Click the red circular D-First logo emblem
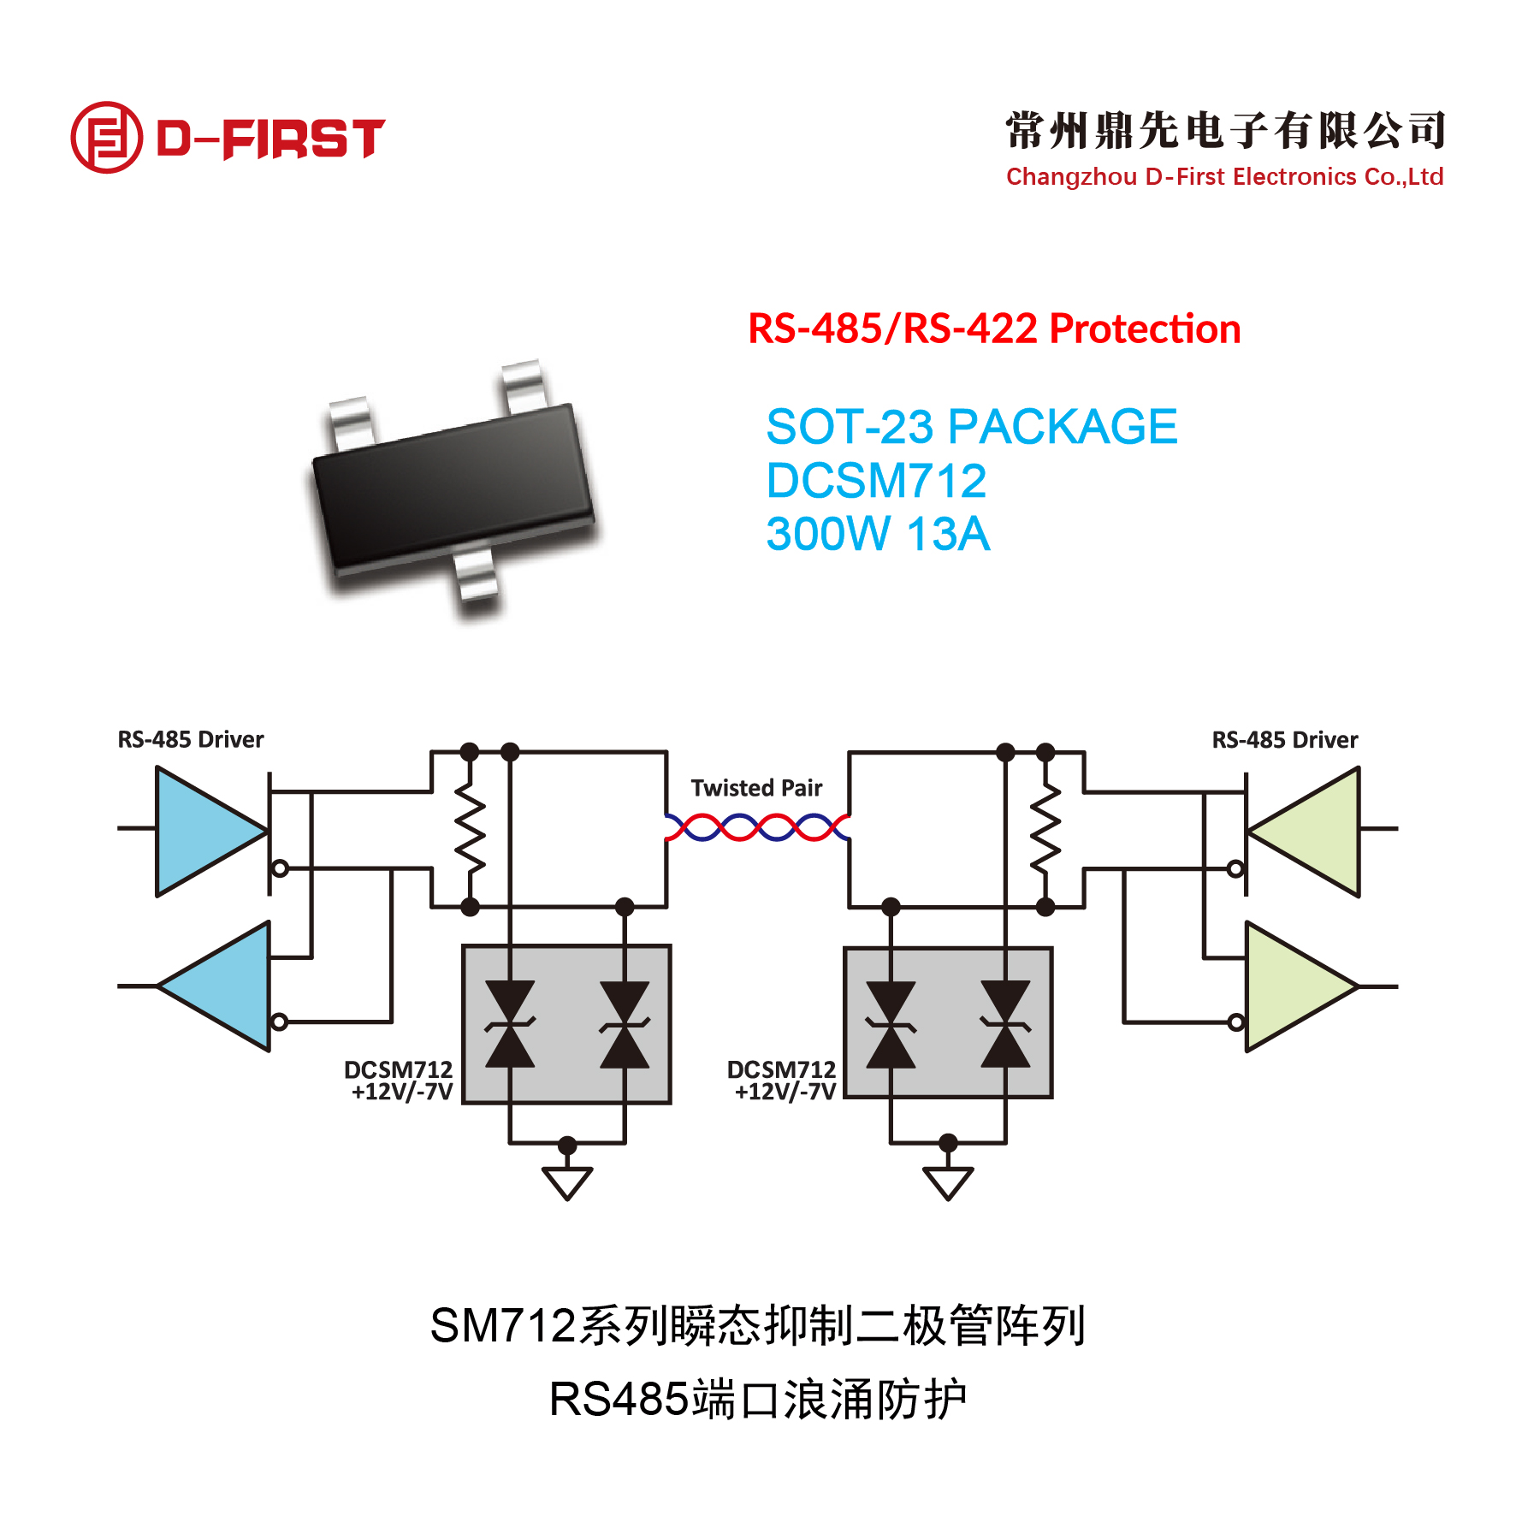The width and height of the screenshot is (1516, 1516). tap(106, 137)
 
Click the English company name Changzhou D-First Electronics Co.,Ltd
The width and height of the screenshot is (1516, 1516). tap(1224, 177)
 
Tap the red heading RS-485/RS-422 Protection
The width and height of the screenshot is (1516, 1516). tap(994, 329)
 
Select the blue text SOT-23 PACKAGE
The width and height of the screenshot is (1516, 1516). tap(972, 427)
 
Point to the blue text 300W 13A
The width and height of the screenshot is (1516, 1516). tap(878, 534)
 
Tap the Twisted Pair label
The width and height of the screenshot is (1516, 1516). tap(756, 788)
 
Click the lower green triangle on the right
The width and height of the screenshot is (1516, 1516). tap(1296, 986)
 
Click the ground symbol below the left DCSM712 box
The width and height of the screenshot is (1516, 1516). tap(567, 1181)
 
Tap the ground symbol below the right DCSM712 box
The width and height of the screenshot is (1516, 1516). tap(948, 1181)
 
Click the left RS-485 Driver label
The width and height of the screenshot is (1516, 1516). tap(191, 739)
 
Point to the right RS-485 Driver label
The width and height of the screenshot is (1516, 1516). tap(1285, 740)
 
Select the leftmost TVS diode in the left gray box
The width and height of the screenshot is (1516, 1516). tap(510, 1024)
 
